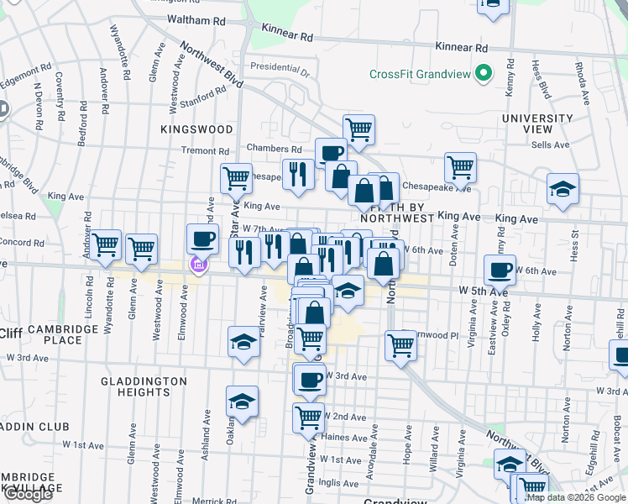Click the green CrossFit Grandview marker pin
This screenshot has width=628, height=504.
tap(483, 74)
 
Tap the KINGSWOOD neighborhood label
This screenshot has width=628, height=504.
tap(196, 129)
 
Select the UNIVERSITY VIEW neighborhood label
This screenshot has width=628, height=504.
tap(538, 123)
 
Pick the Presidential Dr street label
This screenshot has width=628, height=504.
tap(280, 66)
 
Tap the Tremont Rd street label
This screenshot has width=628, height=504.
tap(205, 151)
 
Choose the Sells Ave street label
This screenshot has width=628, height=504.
tap(551, 144)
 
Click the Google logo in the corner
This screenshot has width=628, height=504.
tap(27, 495)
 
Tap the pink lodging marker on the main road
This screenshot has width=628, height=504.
tap(199, 267)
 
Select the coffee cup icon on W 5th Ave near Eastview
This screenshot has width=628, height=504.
tap(500, 270)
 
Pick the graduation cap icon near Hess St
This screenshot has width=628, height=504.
tap(563, 189)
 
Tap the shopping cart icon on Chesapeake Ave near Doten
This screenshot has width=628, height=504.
tap(460, 166)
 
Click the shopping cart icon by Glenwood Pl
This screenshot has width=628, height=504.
tap(401, 344)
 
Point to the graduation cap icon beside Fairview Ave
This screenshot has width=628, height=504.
tap(243, 341)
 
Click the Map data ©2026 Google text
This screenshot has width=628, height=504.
tap(577, 497)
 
